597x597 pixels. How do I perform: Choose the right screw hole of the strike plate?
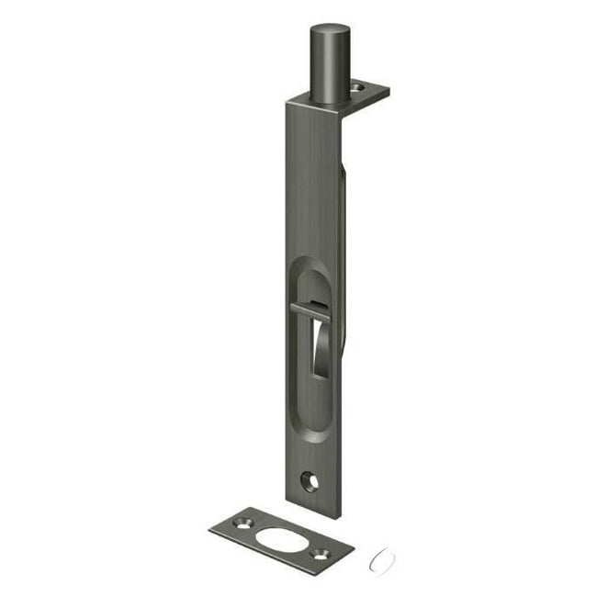321,553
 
